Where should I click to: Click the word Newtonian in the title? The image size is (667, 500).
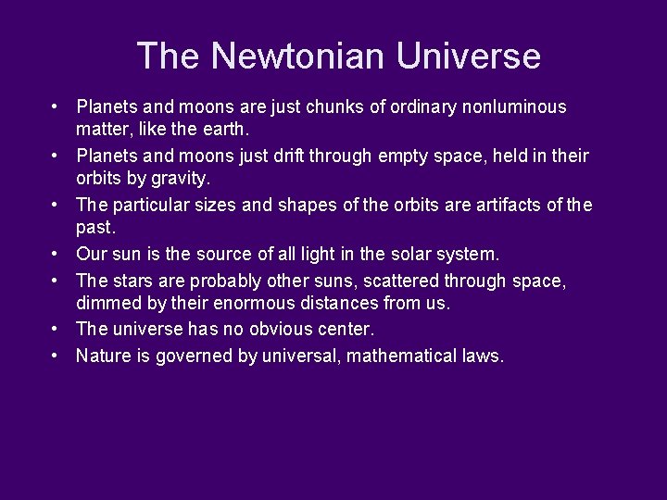pos(296,56)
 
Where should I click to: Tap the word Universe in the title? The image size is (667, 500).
pos(469,56)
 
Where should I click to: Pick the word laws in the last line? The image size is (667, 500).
pos(485,356)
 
